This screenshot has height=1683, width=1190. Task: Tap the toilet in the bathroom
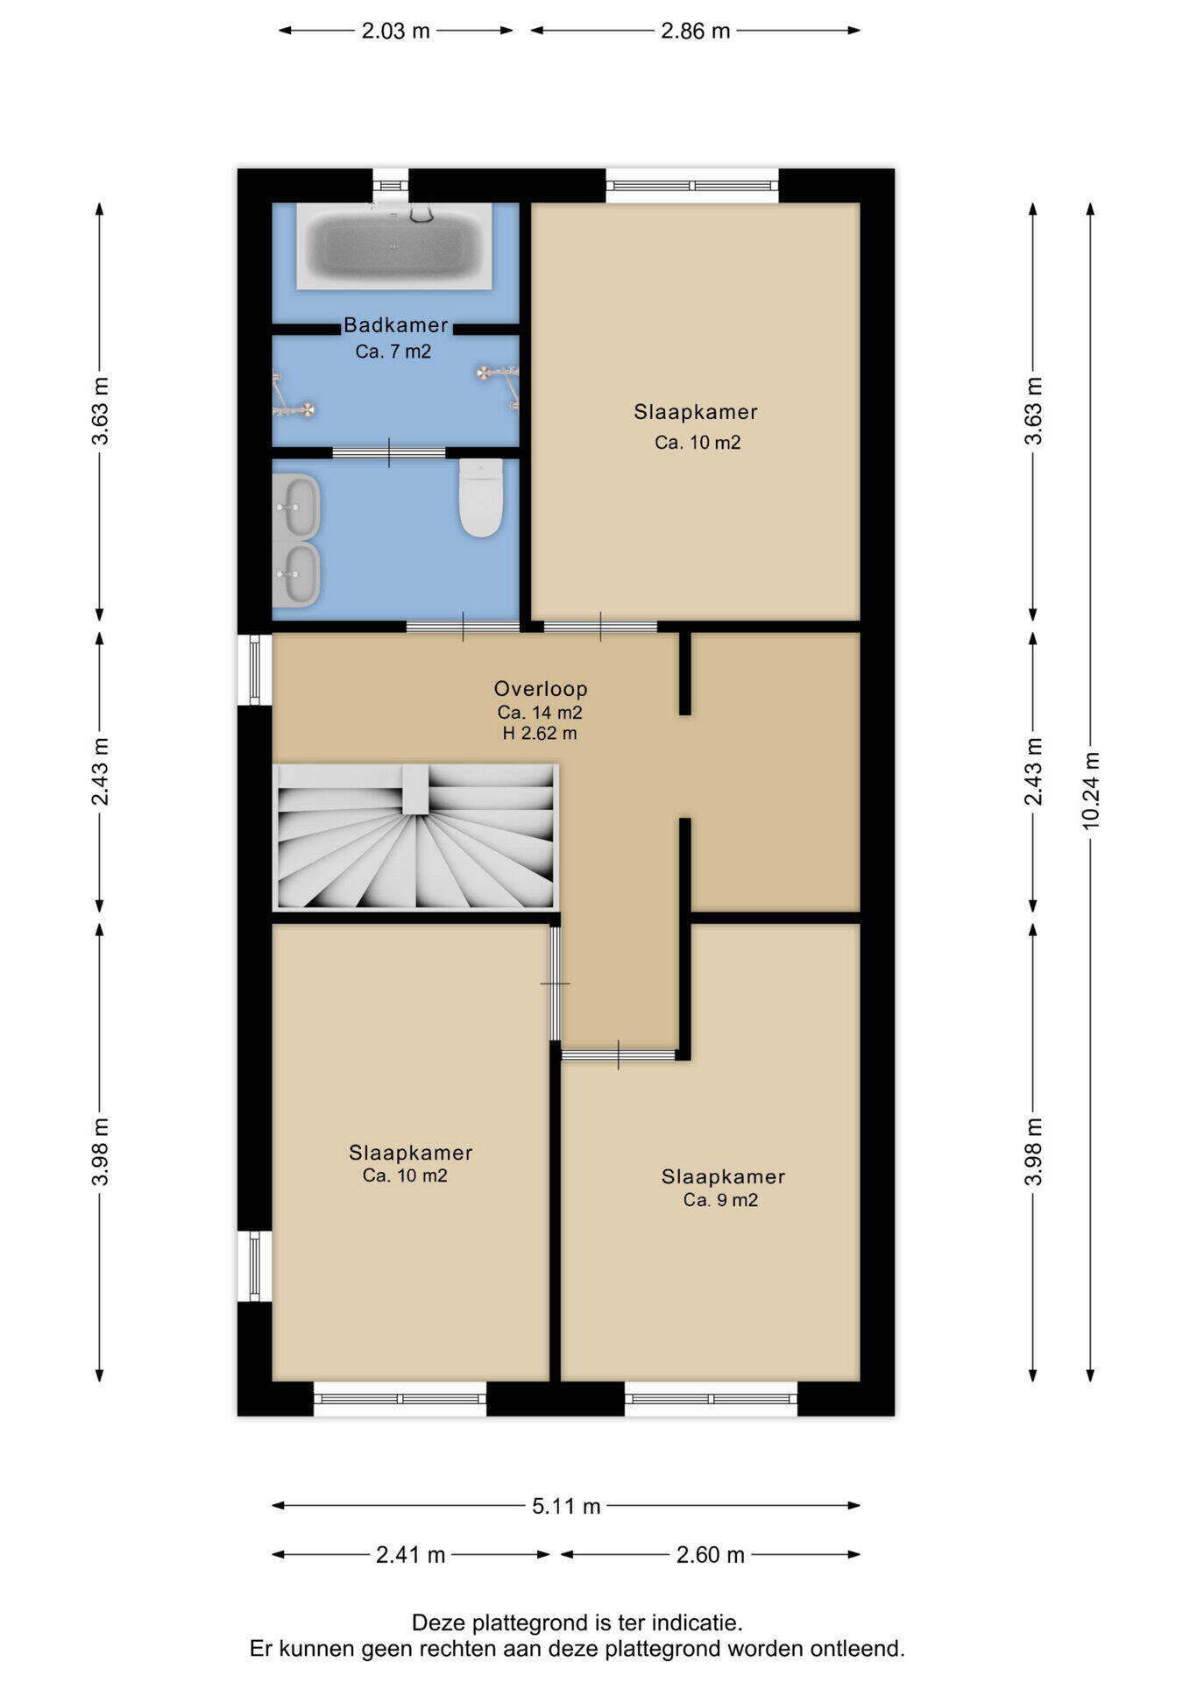pyautogui.click(x=481, y=498)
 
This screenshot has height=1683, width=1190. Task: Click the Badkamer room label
pyautogui.click(x=396, y=325)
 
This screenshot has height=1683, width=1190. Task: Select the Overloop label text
pyautogui.click(x=541, y=689)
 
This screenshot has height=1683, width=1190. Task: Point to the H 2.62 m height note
pyautogui.click(x=540, y=734)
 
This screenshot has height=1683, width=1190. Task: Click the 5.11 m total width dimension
pyautogui.click(x=566, y=1506)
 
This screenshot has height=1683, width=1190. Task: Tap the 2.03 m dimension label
pyautogui.click(x=396, y=31)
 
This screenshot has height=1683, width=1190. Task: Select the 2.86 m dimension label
pyautogui.click(x=695, y=31)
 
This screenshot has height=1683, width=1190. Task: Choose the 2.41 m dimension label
pyautogui.click(x=411, y=1555)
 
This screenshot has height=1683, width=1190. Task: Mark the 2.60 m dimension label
pyautogui.click(x=711, y=1555)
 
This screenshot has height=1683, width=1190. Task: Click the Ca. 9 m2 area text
pyautogui.click(x=721, y=1200)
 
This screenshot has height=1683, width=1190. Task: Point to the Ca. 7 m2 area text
pyautogui.click(x=393, y=352)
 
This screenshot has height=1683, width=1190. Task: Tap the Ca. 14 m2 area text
pyautogui.click(x=540, y=713)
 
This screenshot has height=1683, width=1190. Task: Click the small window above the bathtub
pyautogui.click(x=390, y=186)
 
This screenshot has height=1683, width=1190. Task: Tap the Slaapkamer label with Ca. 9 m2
pyautogui.click(x=723, y=1176)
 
